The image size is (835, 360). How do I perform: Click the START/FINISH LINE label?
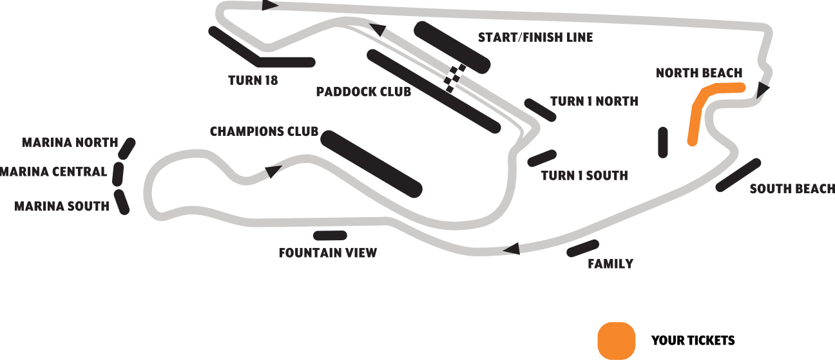click(535, 37)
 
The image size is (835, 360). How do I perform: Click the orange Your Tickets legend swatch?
click(616, 341)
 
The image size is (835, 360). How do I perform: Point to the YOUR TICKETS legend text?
click(693, 340)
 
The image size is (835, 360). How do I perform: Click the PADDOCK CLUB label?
click(363, 91)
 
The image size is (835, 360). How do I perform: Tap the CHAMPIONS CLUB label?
click(264, 131)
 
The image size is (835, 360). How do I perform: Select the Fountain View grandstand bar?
click(330, 236)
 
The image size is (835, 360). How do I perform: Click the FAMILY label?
click(610, 264)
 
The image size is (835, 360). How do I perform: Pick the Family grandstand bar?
click(582, 248)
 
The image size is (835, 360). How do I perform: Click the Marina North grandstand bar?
click(127, 148)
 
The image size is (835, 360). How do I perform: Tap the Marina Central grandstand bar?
click(118, 174)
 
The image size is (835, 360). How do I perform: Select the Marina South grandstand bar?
click(122, 202)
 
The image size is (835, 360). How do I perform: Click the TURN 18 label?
click(253, 81)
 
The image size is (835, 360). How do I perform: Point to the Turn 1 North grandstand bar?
click(540, 110)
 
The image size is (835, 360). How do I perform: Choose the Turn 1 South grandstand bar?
click(542, 158)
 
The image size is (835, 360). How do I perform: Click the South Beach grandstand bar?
click(738, 175)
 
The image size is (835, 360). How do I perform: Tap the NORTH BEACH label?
click(699, 73)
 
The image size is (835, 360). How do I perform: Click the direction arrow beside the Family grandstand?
click(512, 249)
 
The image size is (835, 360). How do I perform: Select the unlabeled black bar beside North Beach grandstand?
click(663, 142)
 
